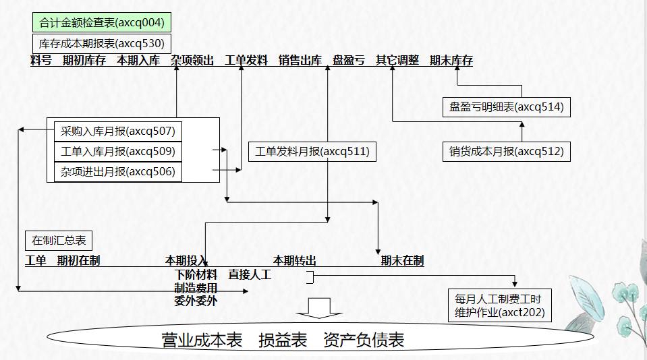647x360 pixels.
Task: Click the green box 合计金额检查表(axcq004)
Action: [x=101, y=23]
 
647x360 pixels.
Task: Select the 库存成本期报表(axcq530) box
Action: [x=101, y=44]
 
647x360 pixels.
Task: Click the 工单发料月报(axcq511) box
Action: [x=312, y=152]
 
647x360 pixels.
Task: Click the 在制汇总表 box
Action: [x=59, y=240]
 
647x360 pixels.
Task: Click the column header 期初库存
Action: [x=84, y=61]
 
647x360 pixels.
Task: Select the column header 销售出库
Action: [x=300, y=61]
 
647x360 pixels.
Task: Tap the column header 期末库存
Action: [x=451, y=61]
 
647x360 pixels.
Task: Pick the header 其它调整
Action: [x=397, y=61]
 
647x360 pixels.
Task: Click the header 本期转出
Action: [x=295, y=260]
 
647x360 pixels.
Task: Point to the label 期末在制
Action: [x=402, y=260]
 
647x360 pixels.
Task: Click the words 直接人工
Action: [x=249, y=274]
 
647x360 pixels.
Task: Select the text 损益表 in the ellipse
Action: [x=283, y=340]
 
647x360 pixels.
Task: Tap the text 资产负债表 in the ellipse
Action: [x=364, y=340]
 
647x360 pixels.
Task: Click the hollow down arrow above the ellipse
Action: [x=320, y=307]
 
